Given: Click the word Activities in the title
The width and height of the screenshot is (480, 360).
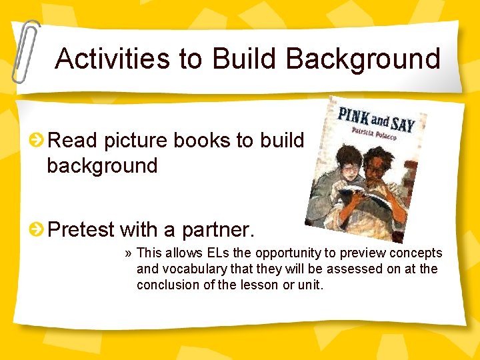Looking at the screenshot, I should tap(113, 59).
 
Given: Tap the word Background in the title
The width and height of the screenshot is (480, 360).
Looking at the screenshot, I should tap(364, 59).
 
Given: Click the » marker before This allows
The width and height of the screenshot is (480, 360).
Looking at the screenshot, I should tap(128, 253).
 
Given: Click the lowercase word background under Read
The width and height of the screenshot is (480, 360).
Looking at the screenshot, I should tap(102, 165).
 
